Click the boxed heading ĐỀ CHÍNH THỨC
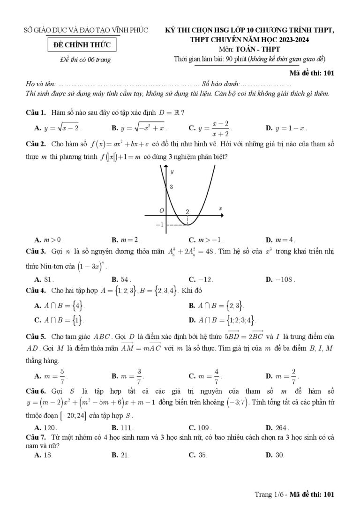tap(82, 45)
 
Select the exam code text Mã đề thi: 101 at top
tap(311, 73)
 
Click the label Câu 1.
tap(35, 112)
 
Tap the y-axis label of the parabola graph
tap(172, 172)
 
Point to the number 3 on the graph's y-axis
tap(172, 187)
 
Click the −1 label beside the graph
tap(159, 225)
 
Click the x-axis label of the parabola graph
tap(220, 208)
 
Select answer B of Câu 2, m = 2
tap(126, 239)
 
